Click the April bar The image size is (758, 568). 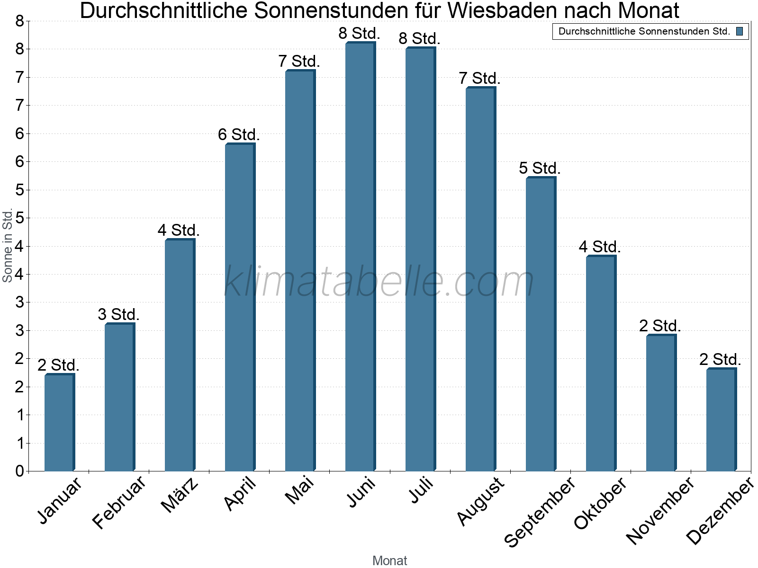tap(240, 307)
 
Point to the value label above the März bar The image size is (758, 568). tap(179, 231)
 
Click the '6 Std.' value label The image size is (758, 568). tap(239, 135)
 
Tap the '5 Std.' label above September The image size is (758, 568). tap(540, 169)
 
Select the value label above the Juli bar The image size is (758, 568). tap(419, 39)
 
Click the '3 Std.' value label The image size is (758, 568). tap(118, 315)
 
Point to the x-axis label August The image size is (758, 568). tap(481, 501)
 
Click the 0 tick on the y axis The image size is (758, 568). tap(19, 471)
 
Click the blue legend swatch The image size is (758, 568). tap(740, 32)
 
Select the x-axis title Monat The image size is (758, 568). tap(389, 560)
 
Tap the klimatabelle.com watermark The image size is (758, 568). tap(379, 282)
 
